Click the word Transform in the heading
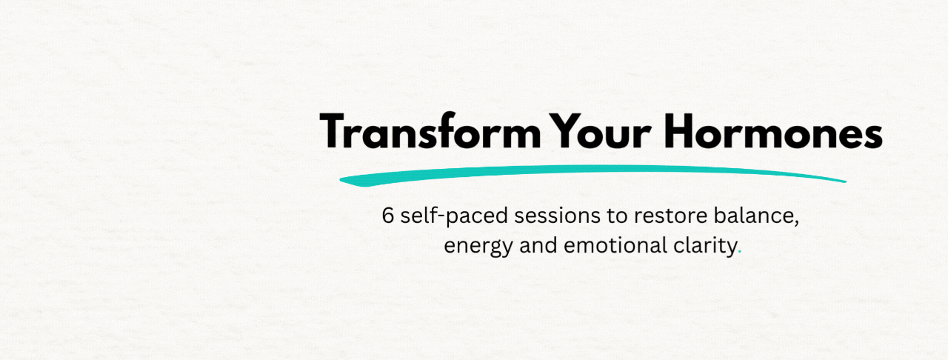point(430,131)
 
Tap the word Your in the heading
point(601,131)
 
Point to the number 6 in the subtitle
point(388,215)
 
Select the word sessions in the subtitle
point(558,216)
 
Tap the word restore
point(670,216)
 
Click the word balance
point(753,215)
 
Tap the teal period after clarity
point(739,253)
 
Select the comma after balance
point(796,223)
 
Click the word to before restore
point(617,216)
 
